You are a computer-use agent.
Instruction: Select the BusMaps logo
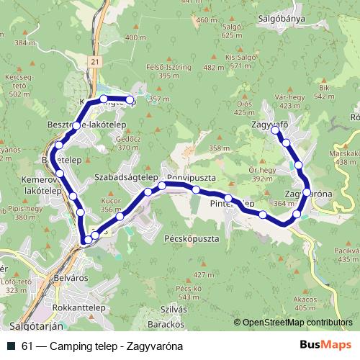tap(325, 346)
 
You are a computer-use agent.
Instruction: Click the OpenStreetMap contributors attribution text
tap(297, 323)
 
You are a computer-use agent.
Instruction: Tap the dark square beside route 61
tap(11, 346)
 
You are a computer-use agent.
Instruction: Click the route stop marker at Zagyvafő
tap(274, 131)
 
